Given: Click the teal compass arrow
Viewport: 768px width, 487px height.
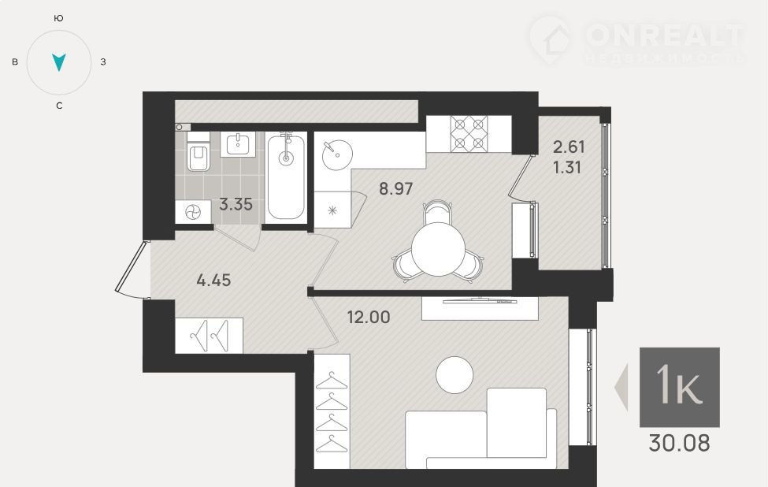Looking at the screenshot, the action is coord(59,62).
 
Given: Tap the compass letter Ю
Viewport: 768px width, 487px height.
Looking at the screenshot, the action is coord(58,19).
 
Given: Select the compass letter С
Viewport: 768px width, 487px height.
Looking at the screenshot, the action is coord(59,106).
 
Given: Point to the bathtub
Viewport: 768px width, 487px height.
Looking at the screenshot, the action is coord(286,177).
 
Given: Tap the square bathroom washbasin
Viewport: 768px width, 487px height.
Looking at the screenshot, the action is coord(238,144).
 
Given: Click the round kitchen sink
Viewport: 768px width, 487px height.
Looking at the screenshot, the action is coord(337,154).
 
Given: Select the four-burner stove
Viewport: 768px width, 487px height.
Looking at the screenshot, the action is coord(469,133).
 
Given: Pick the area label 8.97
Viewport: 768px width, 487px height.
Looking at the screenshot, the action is coord(395,188).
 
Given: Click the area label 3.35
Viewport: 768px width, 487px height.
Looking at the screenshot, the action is coord(236,204).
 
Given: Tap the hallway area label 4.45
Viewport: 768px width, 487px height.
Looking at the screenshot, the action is coord(213,281).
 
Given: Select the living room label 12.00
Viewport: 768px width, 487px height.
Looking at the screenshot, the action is coord(369,317).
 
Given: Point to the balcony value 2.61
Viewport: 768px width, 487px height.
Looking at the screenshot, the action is coord(569,147).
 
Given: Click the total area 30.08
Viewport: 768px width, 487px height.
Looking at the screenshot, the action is coord(679,443).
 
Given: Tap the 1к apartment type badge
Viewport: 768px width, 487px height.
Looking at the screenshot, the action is coord(679,387).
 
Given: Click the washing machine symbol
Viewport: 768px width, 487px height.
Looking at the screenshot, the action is coord(193,212).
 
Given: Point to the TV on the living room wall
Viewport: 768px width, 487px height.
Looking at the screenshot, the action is coord(480,300).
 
